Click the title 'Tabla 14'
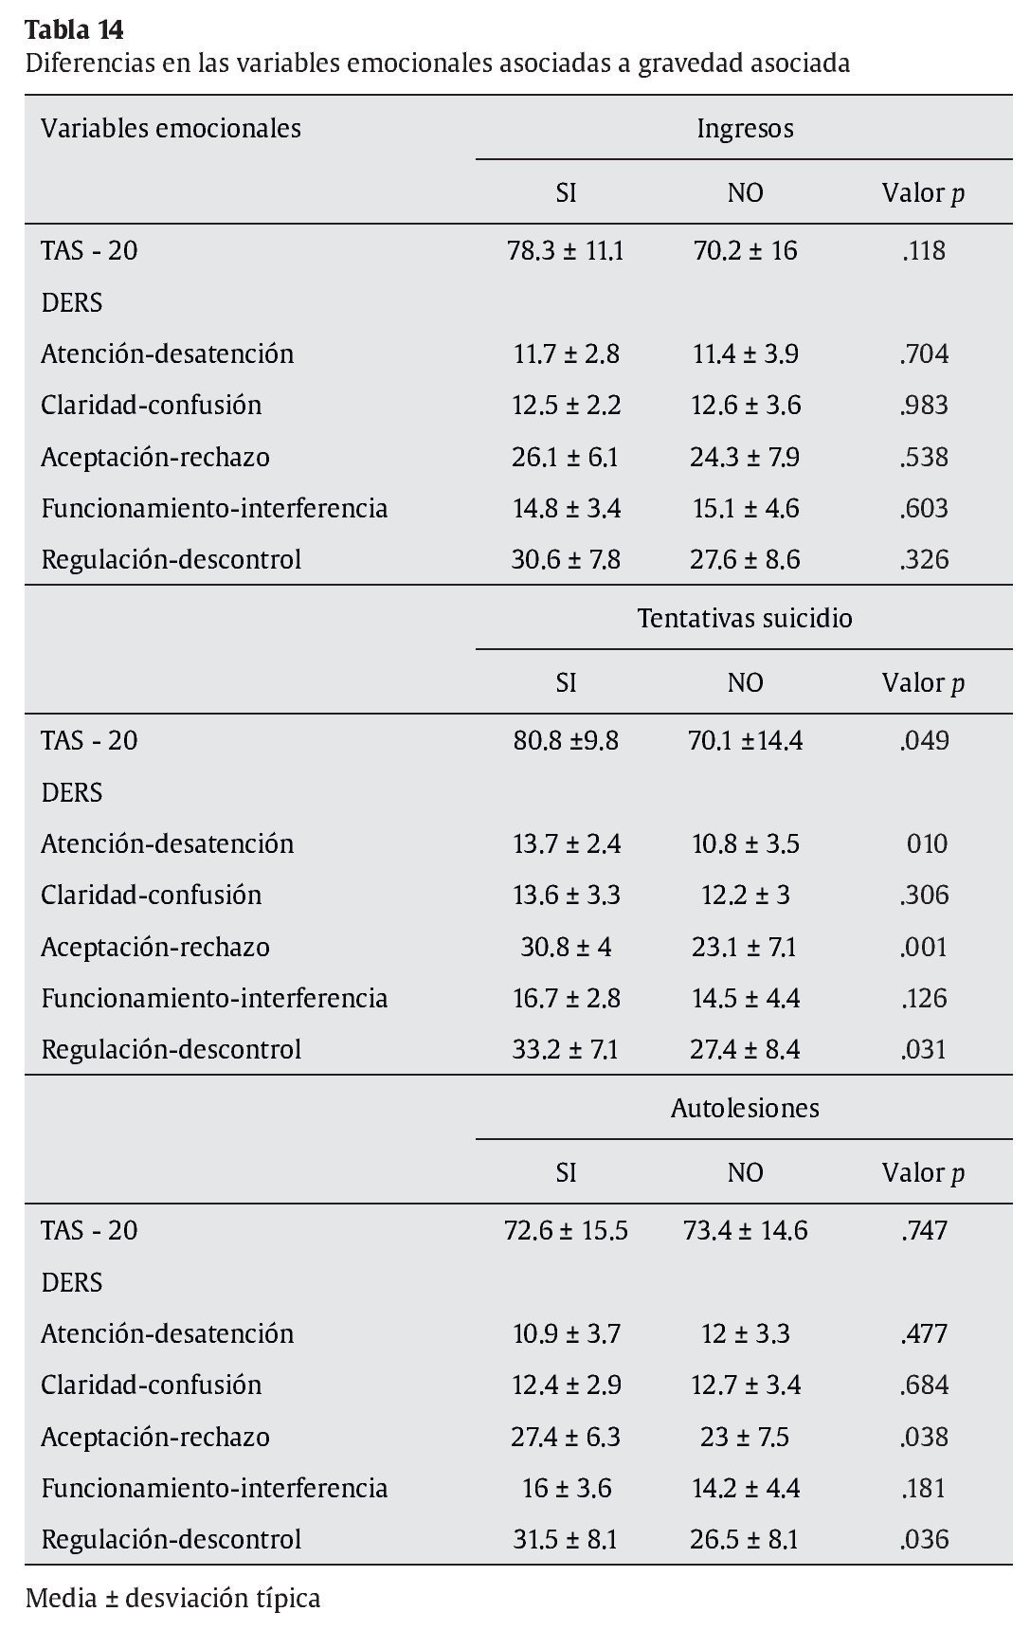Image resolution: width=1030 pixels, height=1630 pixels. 74,30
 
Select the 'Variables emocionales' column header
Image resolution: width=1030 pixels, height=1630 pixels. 171,128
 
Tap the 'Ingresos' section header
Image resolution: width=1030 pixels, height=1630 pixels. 745,128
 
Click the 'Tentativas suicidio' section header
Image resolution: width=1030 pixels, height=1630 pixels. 745,618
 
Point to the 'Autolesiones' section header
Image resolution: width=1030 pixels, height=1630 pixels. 745,1108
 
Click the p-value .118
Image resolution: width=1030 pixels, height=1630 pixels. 924,251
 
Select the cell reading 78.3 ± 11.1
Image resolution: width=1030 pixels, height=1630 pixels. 566,251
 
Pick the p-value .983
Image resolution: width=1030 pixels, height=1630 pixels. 924,406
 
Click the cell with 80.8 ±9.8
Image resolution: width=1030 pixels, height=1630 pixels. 566,741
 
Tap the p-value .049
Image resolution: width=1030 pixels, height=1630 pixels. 924,741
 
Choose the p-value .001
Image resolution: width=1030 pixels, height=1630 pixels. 924,947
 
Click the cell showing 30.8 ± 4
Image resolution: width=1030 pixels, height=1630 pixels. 566,947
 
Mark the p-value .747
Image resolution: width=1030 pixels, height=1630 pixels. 924,1231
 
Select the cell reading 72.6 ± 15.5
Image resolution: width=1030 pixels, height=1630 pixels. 566,1231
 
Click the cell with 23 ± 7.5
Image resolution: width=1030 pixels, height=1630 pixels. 745,1437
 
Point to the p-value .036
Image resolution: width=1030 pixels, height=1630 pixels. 924,1539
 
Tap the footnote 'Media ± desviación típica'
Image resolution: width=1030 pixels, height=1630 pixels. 172,1599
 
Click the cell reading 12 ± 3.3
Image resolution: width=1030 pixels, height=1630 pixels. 745,1333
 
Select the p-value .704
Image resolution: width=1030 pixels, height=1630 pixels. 924,354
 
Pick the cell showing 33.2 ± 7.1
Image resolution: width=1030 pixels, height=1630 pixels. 566,1049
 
